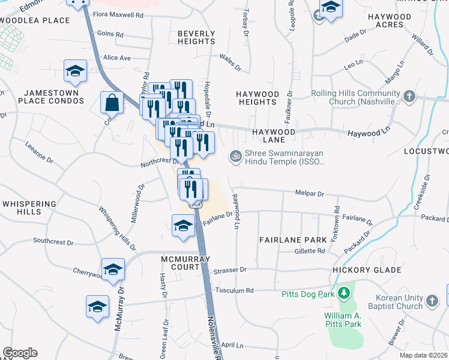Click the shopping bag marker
(112, 103)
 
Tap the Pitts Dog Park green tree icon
(344, 293)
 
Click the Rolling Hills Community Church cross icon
(409, 96)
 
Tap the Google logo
(20, 353)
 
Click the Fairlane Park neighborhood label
(293, 239)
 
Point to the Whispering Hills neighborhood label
(29, 209)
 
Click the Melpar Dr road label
(310, 194)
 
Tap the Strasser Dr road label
(230, 270)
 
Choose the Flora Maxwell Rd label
(118, 14)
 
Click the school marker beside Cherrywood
(113, 269)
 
